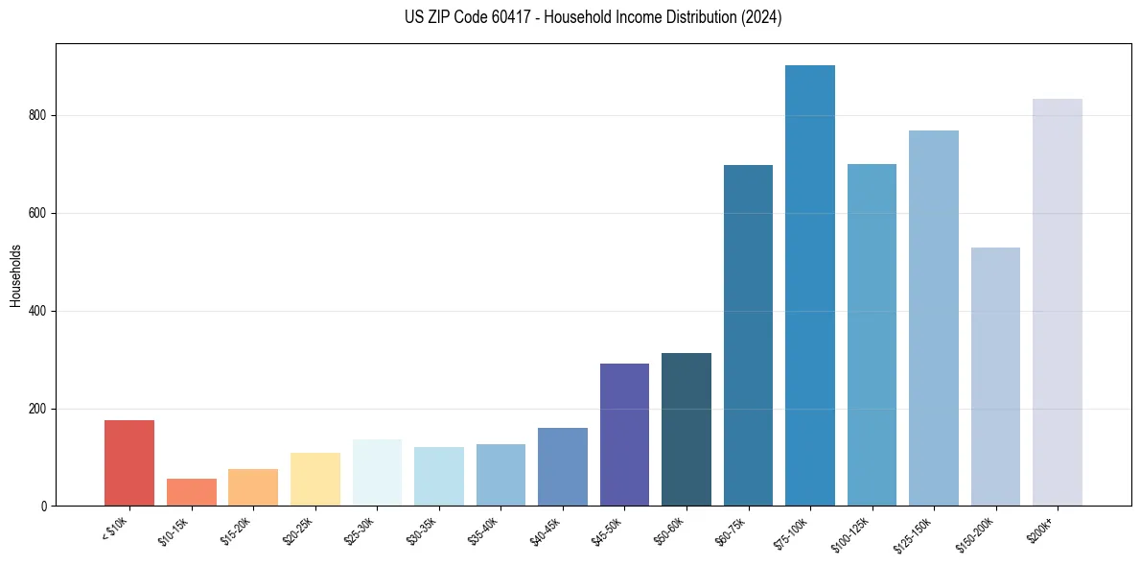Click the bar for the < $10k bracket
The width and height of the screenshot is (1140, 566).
[x=129, y=463]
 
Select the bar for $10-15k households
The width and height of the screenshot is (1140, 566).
[x=191, y=492]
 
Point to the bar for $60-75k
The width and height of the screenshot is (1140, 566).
[x=748, y=336]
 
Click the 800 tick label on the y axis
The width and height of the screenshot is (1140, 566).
[x=38, y=115]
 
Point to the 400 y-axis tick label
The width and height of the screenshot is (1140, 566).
[x=38, y=311]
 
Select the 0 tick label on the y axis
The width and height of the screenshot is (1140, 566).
[x=44, y=507]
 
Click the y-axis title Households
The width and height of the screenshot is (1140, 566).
[x=15, y=275]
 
